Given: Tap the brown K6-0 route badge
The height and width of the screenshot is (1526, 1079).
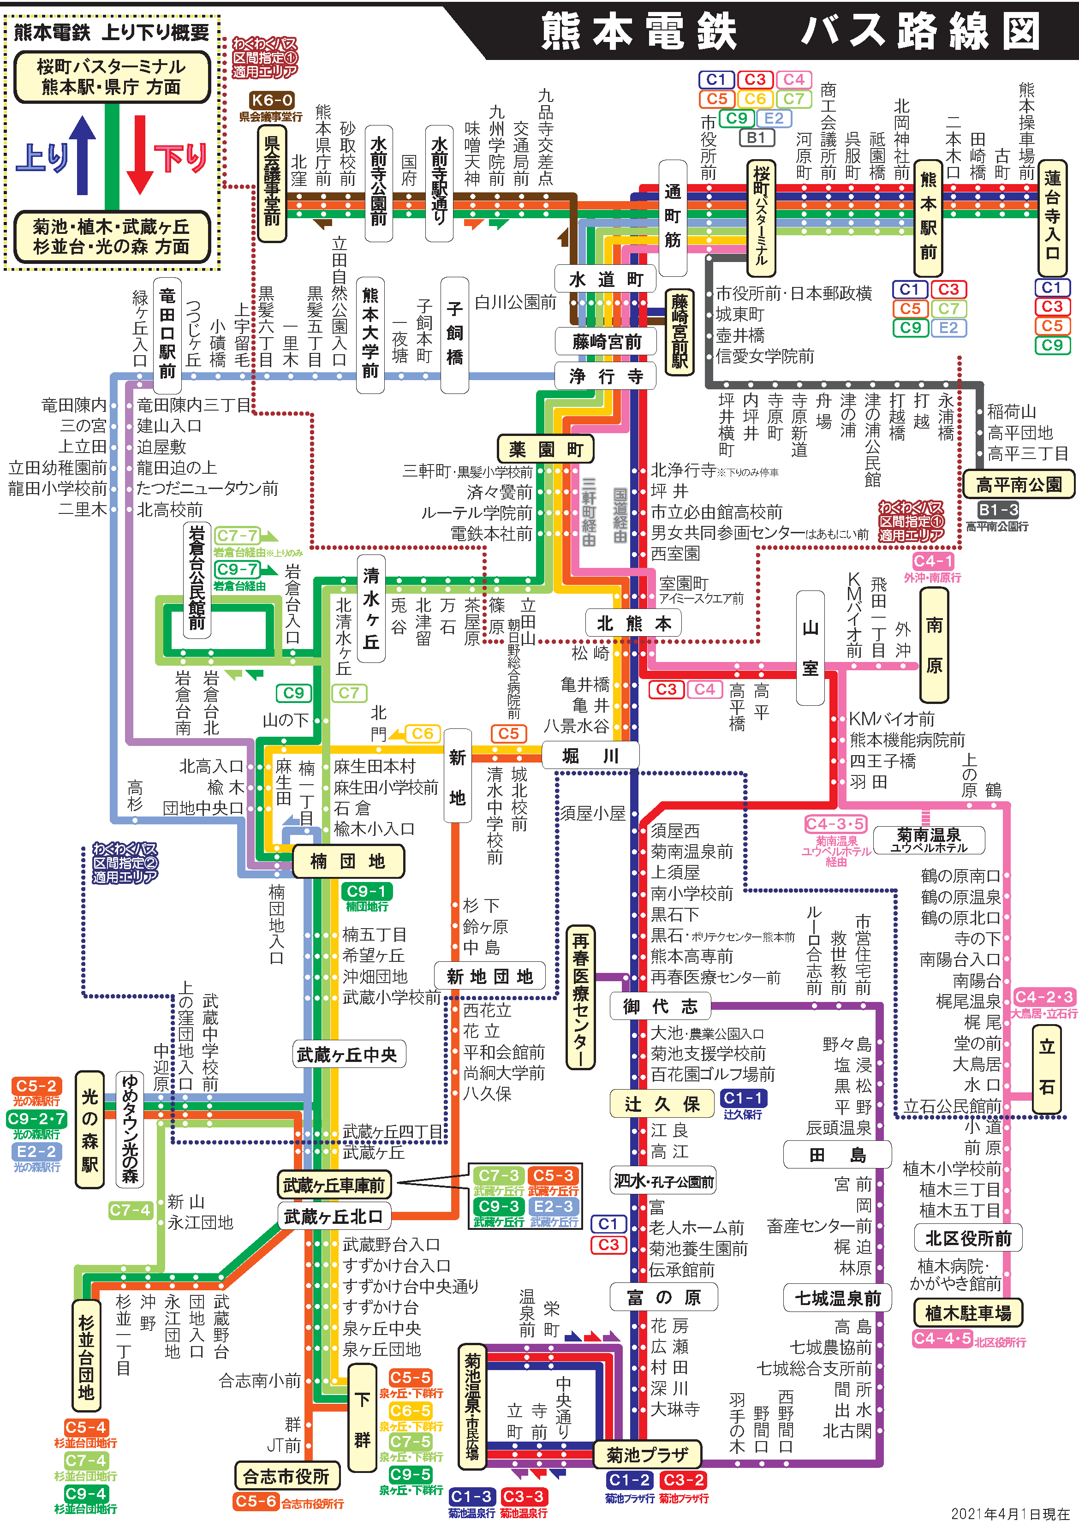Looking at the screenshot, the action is click(272, 101).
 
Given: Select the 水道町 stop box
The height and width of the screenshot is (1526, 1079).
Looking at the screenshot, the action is click(606, 279).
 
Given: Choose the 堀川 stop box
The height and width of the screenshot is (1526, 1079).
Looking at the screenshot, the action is click(591, 756).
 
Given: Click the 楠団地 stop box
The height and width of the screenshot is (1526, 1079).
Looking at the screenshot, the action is click(348, 861).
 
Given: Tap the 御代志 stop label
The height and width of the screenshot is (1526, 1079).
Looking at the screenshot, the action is click(660, 1006).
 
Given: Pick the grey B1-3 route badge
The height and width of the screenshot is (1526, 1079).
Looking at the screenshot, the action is click(998, 510).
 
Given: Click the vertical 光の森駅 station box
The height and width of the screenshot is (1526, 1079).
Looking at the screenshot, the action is click(90, 1129).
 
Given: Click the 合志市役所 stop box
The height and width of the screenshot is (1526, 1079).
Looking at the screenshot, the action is click(287, 1476).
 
